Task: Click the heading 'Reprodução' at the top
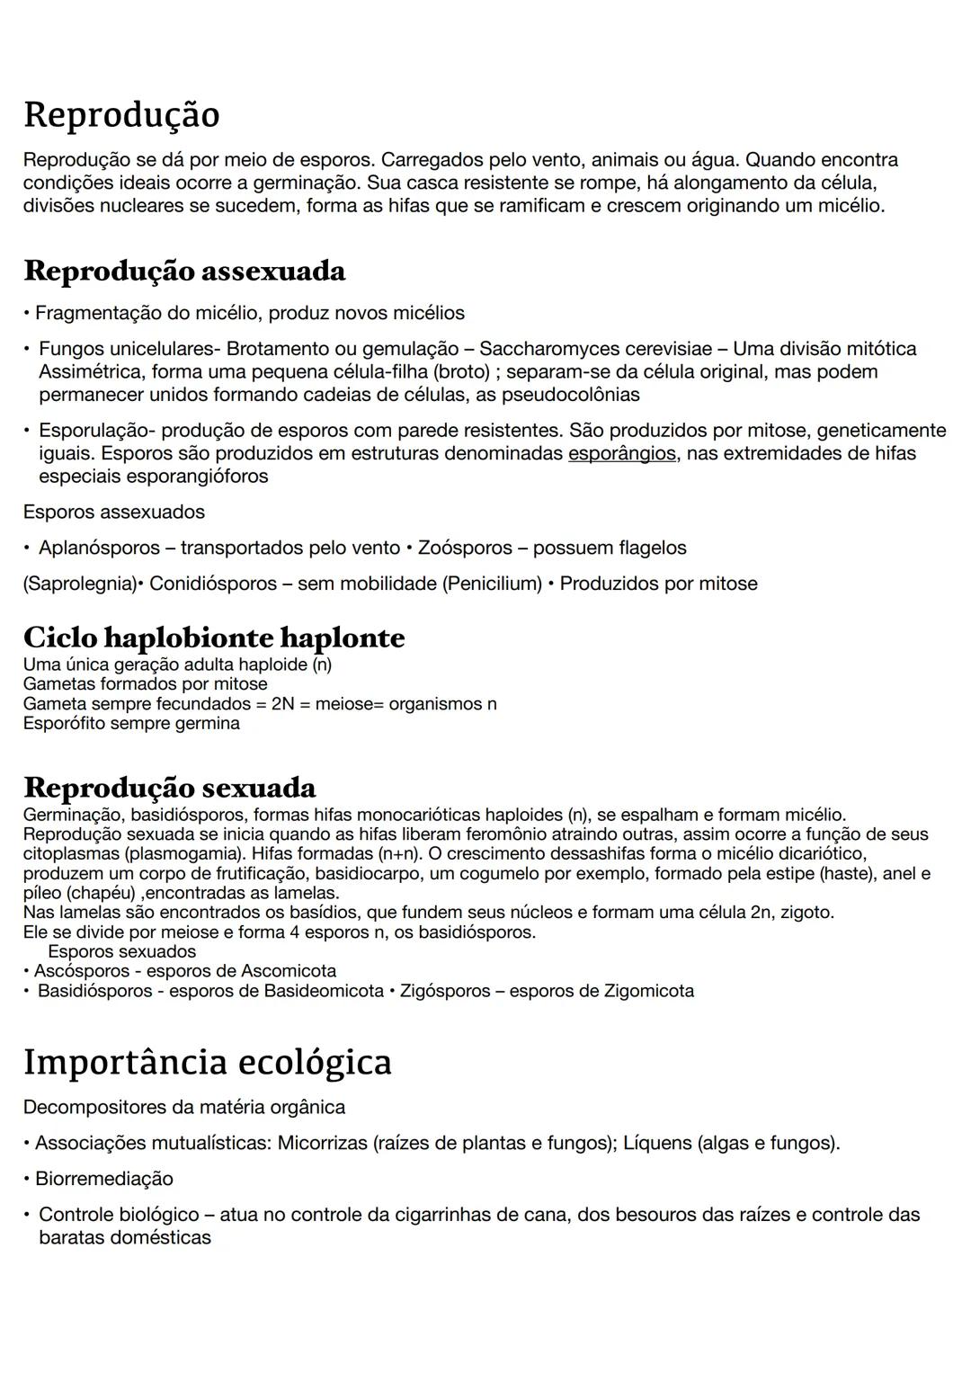click(x=121, y=115)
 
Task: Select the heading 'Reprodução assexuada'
click(x=184, y=270)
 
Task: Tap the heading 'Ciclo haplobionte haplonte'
click(x=214, y=637)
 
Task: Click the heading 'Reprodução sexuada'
click(x=170, y=787)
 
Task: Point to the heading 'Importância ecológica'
click(x=208, y=1062)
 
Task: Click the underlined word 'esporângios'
click(x=621, y=453)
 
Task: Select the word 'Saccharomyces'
click(x=542, y=349)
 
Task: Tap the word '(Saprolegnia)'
click(x=79, y=584)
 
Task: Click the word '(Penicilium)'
click(x=492, y=584)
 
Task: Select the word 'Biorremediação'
click(x=104, y=1179)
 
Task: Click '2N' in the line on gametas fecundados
click(x=282, y=704)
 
